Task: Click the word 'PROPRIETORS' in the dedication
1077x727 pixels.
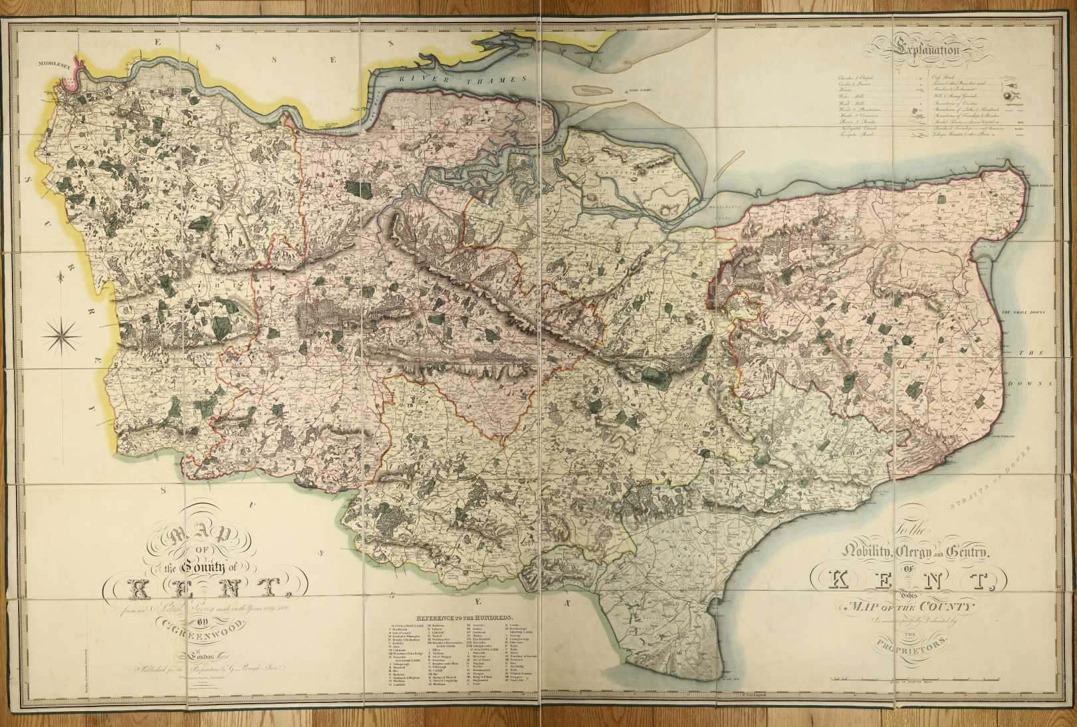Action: click(915, 645)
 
